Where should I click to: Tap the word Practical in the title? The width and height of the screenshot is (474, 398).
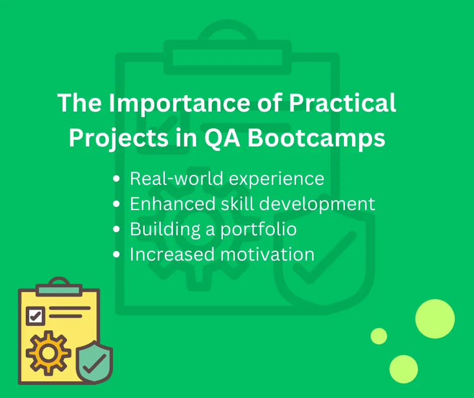pos(342,103)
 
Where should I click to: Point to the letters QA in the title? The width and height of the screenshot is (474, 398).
pos(222,138)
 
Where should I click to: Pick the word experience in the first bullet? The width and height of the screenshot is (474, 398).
pos(276,179)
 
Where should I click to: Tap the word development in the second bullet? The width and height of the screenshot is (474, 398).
pos(317,204)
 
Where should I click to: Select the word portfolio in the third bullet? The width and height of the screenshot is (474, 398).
pos(258,229)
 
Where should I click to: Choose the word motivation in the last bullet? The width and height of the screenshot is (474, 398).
pos(267,255)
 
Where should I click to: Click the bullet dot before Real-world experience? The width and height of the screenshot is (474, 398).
pos(116,179)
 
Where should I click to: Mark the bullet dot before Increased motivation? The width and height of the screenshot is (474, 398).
pos(116,255)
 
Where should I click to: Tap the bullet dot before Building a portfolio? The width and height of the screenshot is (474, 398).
pos(116,229)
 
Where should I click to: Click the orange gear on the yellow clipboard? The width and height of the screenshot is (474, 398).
pos(48,353)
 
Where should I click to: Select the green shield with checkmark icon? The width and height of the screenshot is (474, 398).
pos(94,362)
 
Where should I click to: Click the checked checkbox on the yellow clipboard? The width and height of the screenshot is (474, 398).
pos(35,316)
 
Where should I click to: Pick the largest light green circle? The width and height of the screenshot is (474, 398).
pos(435,319)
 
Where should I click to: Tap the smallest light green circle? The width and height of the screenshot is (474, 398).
pos(379,336)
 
